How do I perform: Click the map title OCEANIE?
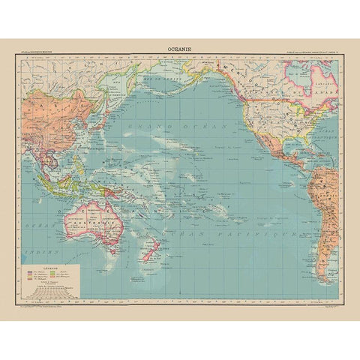click(x=180, y=52)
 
